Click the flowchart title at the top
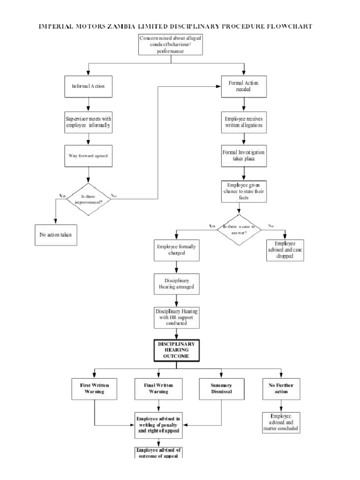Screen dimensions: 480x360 pyautogui.click(x=175, y=26)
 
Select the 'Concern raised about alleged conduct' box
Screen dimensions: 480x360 pyautogui.click(x=171, y=44)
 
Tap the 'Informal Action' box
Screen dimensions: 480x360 pyautogui.click(x=88, y=86)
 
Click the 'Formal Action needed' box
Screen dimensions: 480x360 pyautogui.click(x=243, y=86)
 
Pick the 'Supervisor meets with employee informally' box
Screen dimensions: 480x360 pyautogui.click(x=88, y=122)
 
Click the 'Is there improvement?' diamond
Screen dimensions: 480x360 pyautogui.click(x=89, y=199)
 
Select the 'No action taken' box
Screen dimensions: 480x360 pyautogui.click(x=56, y=234)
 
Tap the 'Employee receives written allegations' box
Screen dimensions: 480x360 pyautogui.click(x=243, y=122)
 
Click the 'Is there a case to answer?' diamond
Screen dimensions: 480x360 pyautogui.click(x=242, y=229)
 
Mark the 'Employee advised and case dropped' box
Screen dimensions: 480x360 pyautogui.click(x=285, y=250)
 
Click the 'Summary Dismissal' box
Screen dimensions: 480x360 pyautogui.click(x=221, y=389)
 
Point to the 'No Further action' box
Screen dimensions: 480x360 pyautogui.click(x=281, y=389)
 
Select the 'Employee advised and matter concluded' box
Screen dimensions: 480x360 pyautogui.click(x=281, y=422)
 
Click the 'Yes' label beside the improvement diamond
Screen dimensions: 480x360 pyautogui.click(x=62, y=195)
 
